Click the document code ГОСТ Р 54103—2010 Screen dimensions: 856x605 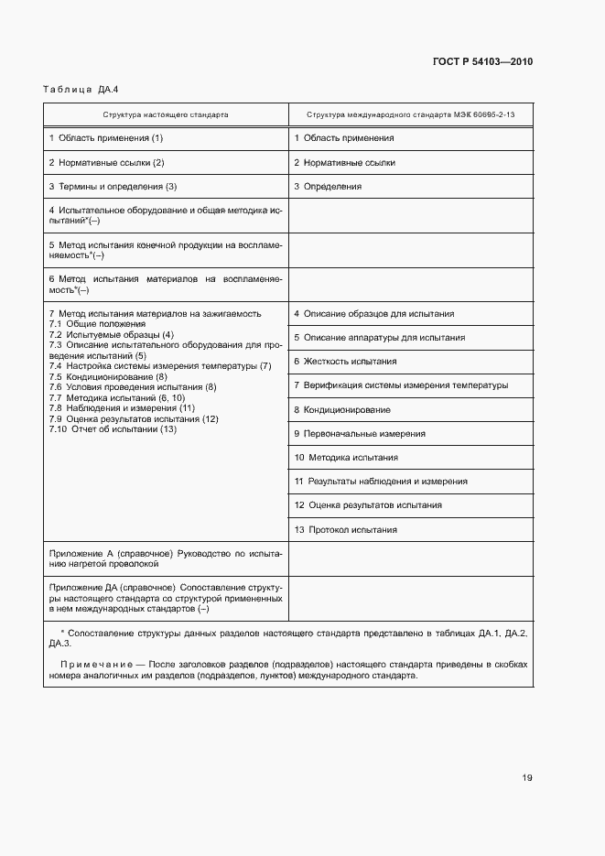click(x=482, y=61)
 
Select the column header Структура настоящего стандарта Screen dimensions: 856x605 click(x=166, y=115)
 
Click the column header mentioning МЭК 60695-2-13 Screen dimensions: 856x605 click(x=410, y=115)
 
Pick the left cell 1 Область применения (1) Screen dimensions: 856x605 click(x=105, y=138)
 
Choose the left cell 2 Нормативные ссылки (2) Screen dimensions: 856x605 click(x=106, y=162)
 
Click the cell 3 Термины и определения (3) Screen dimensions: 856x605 click(x=113, y=186)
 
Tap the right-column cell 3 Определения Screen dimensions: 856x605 click(x=327, y=186)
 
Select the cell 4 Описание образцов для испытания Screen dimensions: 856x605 click(x=373, y=314)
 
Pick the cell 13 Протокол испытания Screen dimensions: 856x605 click(x=346, y=529)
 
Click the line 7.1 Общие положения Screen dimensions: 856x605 click(x=97, y=324)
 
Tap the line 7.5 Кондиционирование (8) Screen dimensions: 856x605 click(x=108, y=377)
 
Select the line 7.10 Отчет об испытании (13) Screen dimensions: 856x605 click(x=113, y=429)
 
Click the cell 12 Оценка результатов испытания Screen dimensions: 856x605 click(x=368, y=504)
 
